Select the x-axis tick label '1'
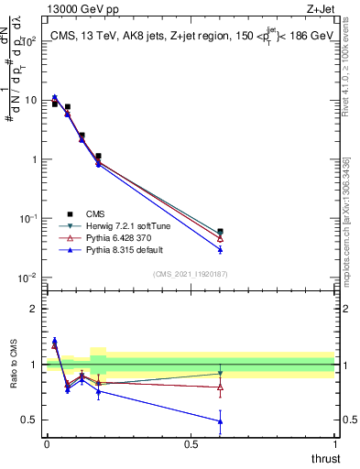click(x=334, y=442)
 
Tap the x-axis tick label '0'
click(x=47, y=442)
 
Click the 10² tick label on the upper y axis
click(x=27, y=41)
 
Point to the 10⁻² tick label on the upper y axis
click(x=27, y=278)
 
